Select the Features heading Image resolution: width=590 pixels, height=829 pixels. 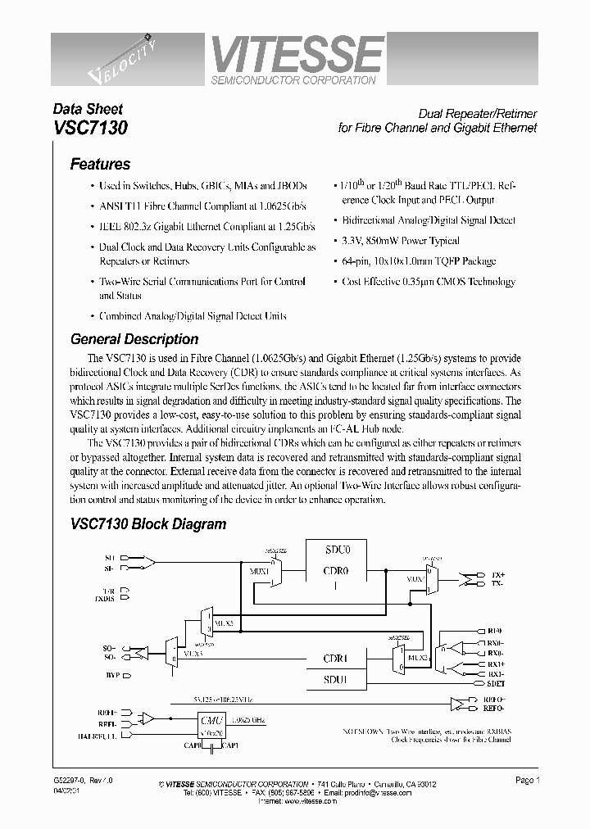100,164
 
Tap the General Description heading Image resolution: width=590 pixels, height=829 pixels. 134,339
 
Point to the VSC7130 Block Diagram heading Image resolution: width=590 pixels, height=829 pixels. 148,524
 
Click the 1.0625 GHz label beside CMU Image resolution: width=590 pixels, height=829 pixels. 246,718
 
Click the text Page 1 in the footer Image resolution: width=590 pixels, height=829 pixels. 527,781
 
